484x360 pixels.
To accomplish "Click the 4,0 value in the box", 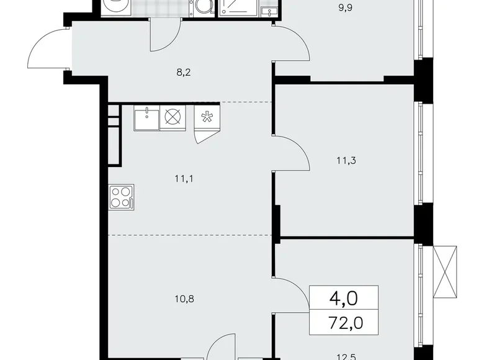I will [343, 300].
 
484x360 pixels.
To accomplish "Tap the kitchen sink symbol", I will [146, 117].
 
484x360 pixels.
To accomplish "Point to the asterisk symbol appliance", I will [206, 117].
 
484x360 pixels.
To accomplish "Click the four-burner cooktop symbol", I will [121, 196].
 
